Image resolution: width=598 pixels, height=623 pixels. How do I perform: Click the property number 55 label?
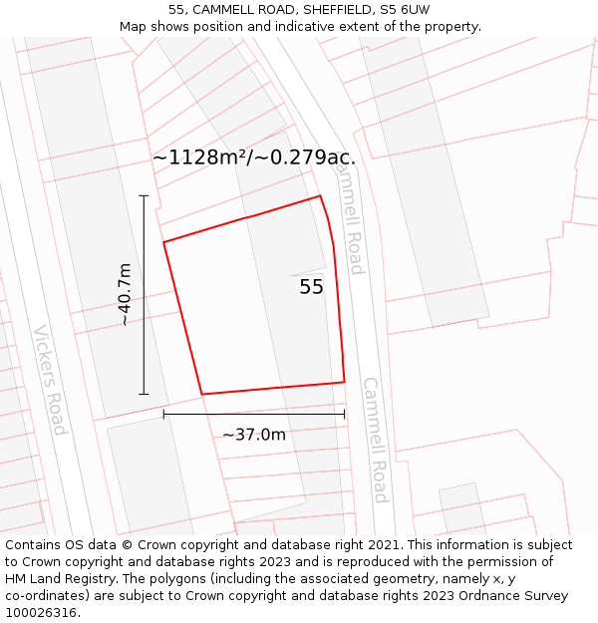coord(311,287)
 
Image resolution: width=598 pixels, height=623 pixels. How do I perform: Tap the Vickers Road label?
coord(49,380)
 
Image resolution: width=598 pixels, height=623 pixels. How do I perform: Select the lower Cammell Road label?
coord(375,440)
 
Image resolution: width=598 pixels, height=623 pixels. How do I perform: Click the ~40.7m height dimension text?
coord(124,295)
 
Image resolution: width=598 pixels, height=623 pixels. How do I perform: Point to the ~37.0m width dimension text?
coord(253,435)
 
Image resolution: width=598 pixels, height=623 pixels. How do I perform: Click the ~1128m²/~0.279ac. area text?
coord(253,157)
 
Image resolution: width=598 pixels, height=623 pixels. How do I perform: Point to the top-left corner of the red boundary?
coord(164,241)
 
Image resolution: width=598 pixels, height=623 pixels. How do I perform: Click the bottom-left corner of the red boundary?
coord(202,394)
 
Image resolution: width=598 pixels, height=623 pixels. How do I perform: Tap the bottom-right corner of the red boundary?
coord(344,382)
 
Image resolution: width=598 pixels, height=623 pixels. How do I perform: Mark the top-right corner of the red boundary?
coord(320,195)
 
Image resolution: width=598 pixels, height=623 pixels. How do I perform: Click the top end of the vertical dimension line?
coord(144,195)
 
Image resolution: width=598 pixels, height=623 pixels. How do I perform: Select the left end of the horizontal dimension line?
coord(164,414)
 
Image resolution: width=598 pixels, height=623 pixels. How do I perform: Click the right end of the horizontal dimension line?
coord(344,414)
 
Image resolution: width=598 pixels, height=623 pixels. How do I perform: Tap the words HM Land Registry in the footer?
coord(55,579)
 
